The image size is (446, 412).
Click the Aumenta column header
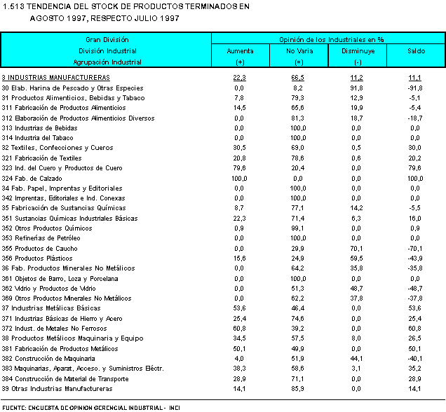240,51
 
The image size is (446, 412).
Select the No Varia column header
299,51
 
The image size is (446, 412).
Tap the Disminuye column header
358,51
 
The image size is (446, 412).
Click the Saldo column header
416,51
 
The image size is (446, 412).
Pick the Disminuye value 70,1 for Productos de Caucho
356,248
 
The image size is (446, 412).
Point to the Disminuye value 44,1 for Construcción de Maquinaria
356,358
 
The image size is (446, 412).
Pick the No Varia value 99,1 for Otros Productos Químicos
298,228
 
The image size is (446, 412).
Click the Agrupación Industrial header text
107,62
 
